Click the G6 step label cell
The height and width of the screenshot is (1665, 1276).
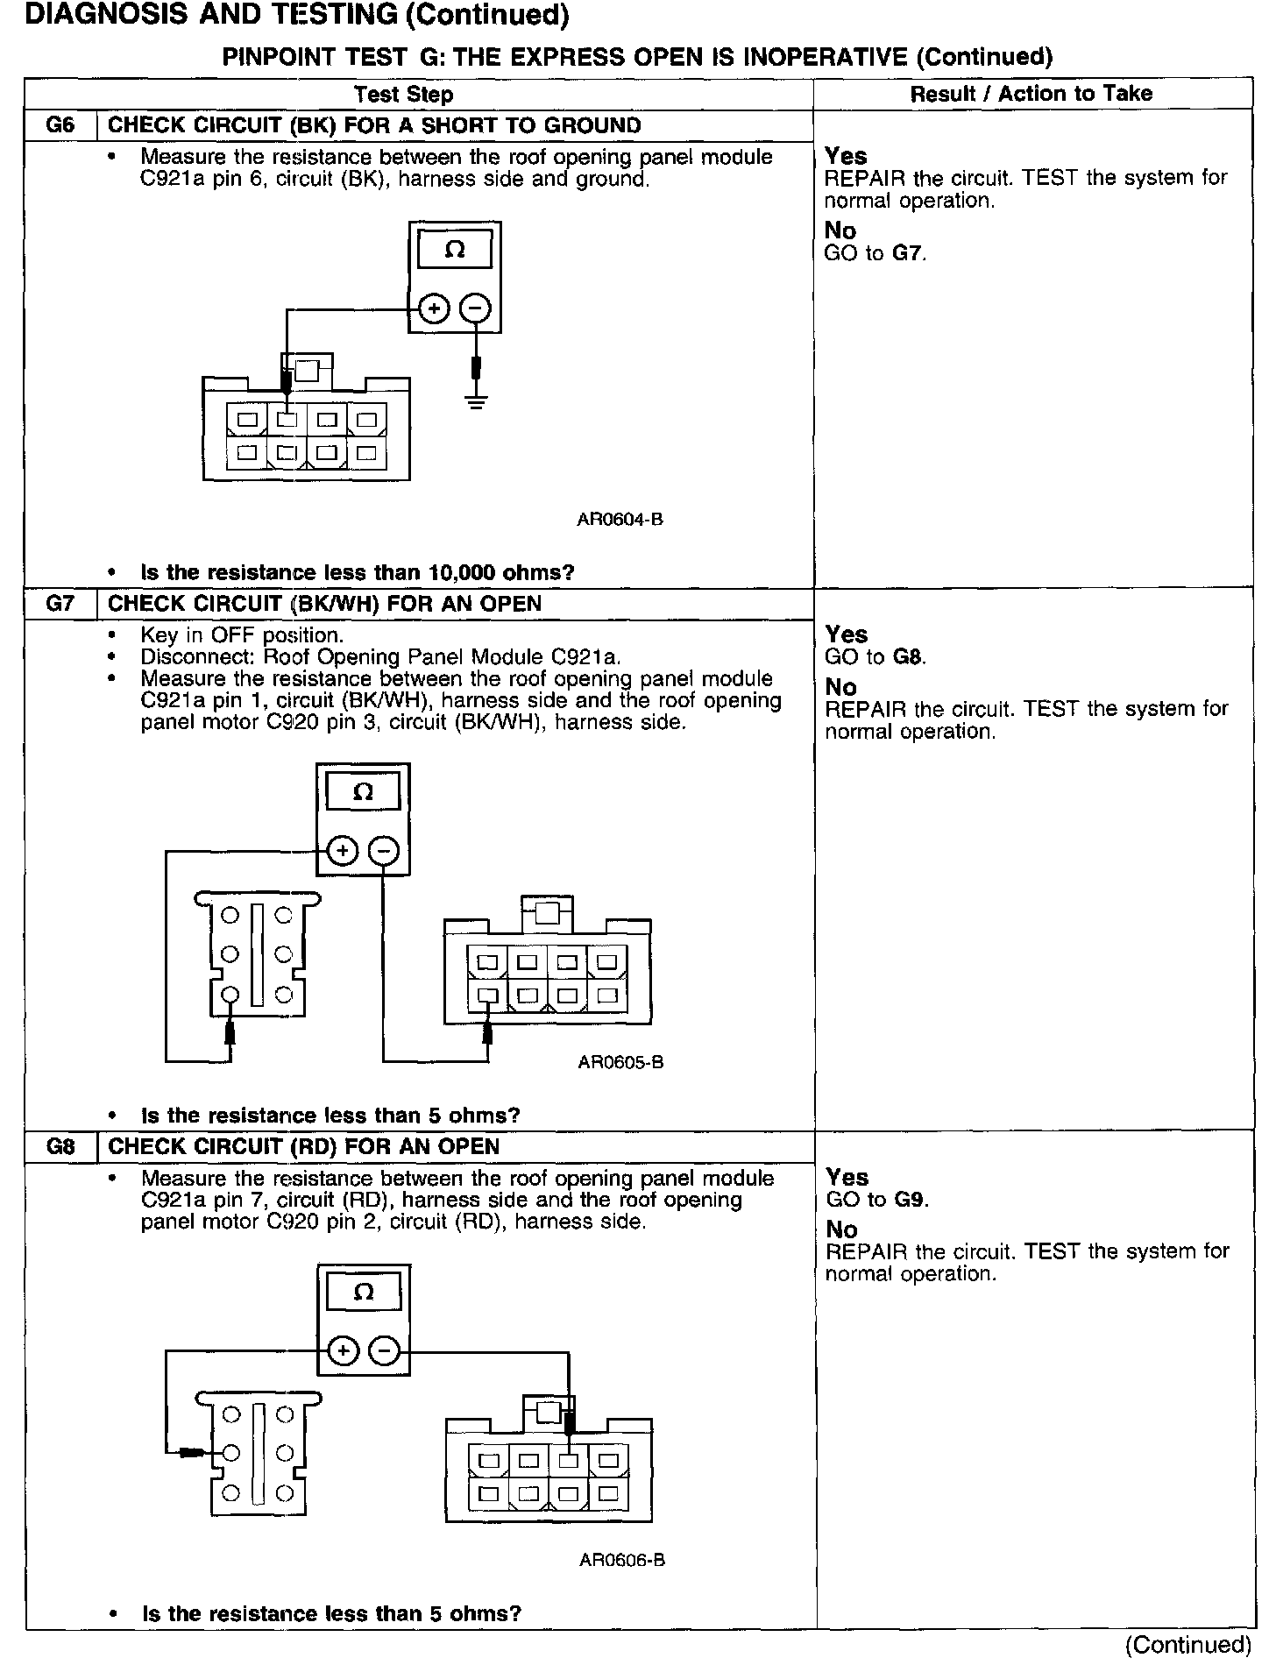pyautogui.click(x=60, y=125)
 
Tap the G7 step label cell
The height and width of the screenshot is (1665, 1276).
pyautogui.click(x=60, y=604)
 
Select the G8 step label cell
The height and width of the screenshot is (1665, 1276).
pyautogui.click(x=60, y=1146)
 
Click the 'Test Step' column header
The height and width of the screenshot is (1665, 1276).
pyautogui.click(x=403, y=95)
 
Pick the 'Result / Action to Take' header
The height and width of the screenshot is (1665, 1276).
pyautogui.click(x=1031, y=94)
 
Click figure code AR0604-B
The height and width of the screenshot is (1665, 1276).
pyautogui.click(x=620, y=519)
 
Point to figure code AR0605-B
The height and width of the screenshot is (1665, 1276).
pyautogui.click(x=620, y=1062)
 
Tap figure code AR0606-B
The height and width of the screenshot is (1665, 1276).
pyautogui.click(x=621, y=1560)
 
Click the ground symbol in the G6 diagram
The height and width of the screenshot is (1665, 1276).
pyautogui.click(x=476, y=403)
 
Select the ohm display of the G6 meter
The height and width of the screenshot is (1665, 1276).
pyautogui.click(x=454, y=251)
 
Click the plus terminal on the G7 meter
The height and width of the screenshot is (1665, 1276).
pyautogui.click(x=343, y=850)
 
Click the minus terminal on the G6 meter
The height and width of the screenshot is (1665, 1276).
pyautogui.click(x=476, y=308)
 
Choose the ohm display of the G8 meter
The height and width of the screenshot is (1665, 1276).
pyautogui.click(x=364, y=1292)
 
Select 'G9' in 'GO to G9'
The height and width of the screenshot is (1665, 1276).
pyautogui.click(x=911, y=1200)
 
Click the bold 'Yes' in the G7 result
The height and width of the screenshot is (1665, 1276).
pyautogui.click(x=847, y=634)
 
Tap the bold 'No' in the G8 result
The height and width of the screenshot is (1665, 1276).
pyautogui.click(x=842, y=1229)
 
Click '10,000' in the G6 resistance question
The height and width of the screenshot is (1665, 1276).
pyautogui.click(x=463, y=572)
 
